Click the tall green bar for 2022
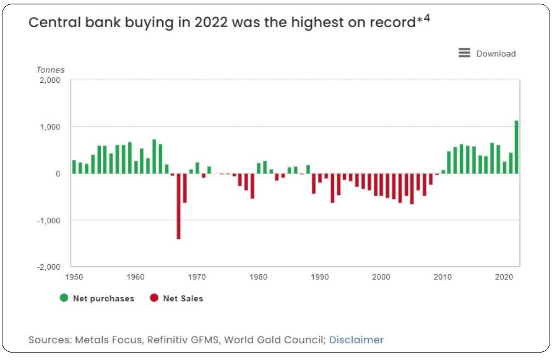(x=517, y=147)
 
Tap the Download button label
(x=496, y=54)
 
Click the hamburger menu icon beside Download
(x=464, y=53)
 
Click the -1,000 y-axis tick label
(x=48, y=220)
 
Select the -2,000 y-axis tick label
(x=48, y=267)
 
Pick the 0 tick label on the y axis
(x=58, y=174)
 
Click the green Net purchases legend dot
(x=64, y=298)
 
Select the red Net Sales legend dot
(x=154, y=298)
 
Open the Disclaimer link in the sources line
(x=356, y=340)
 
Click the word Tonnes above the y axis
(x=50, y=70)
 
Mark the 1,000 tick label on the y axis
(x=49, y=127)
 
